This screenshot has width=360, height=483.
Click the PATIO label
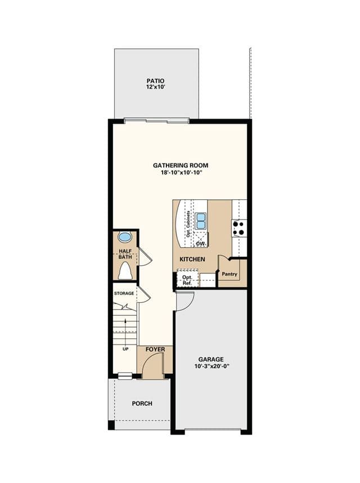155,81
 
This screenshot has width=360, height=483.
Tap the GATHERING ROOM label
181,166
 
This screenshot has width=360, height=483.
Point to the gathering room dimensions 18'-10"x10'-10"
181,173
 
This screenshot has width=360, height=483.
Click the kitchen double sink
200,221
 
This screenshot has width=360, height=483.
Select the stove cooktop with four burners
239,228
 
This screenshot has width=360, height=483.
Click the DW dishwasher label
201,244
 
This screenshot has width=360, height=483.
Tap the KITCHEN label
192,260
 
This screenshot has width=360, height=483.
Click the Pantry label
229,274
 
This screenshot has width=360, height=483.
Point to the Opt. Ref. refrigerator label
187,280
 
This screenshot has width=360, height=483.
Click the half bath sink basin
125,237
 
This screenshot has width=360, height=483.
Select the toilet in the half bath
125,270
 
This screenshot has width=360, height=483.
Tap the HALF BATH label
125,254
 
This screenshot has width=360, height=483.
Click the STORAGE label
124,293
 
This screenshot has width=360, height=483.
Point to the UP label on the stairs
125,349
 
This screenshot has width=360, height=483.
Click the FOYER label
155,350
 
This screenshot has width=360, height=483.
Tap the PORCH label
142,404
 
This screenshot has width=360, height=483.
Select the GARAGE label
211,359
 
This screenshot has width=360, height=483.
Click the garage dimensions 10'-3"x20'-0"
212,366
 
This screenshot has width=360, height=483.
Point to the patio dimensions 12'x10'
156,87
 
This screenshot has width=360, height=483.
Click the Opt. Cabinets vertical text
188,224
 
